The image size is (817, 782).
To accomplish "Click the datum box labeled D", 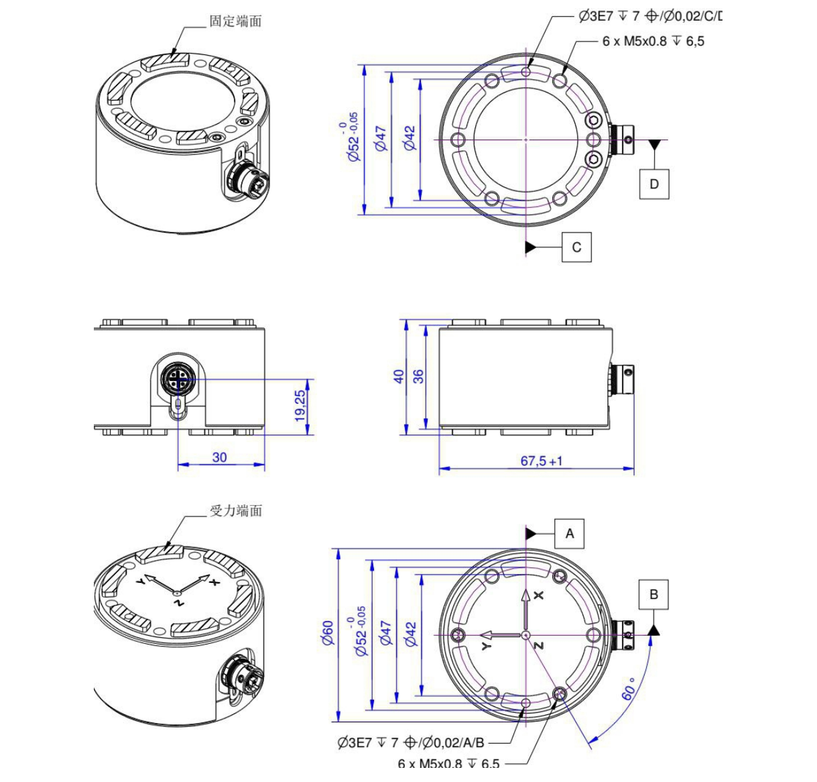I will [x=654, y=183].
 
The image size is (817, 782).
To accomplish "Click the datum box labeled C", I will [x=576, y=247].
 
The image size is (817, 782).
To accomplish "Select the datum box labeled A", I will [x=570, y=534].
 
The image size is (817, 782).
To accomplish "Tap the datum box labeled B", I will [x=653, y=594].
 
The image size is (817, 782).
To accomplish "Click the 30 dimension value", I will [x=219, y=457].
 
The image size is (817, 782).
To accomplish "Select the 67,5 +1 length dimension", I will [x=542, y=461].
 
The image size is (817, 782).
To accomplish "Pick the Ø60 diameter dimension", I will [x=328, y=632].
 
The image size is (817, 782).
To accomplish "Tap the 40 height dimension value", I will [x=399, y=376].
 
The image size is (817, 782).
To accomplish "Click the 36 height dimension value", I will [x=419, y=376].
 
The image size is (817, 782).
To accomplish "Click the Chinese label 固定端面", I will [x=235, y=21].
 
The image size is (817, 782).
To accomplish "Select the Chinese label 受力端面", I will [x=236, y=510].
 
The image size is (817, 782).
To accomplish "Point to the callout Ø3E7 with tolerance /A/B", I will [x=411, y=742].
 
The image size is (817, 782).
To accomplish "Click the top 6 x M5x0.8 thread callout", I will [x=653, y=41].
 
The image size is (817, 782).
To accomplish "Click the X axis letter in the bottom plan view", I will [x=540, y=595].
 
